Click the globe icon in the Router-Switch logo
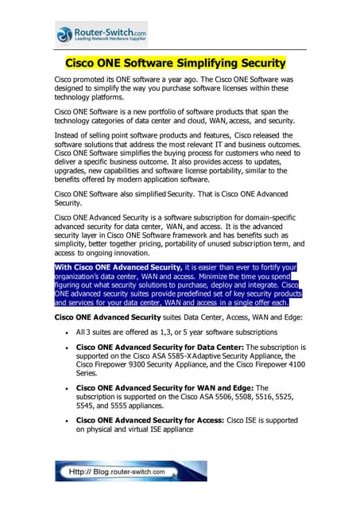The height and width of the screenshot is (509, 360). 64,33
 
